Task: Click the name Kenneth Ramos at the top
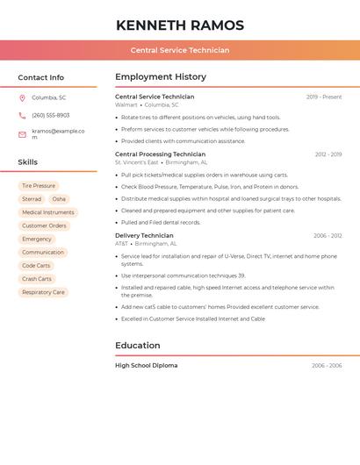coord(180,25)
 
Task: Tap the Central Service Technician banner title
coord(180,50)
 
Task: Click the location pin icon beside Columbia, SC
coord(22,97)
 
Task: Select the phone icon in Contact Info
coord(22,115)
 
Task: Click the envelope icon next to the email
coord(22,134)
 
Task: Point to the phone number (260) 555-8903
coord(51,115)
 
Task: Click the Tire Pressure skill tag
coord(39,186)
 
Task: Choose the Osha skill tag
coord(59,199)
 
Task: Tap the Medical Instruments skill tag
coord(48,212)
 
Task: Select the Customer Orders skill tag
coord(44,225)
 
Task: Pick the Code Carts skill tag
coord(36,266)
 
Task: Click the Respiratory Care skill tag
coord(43,292)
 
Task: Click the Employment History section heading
coord(161,77)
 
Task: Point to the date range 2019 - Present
coord(324,97)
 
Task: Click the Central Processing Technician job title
coord(160,154)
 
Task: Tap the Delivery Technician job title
coord(144,236)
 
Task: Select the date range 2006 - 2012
coord(327,236)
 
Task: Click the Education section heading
coord(138,346)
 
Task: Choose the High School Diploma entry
coord(146,366)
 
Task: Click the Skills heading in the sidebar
coord(28,162)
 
